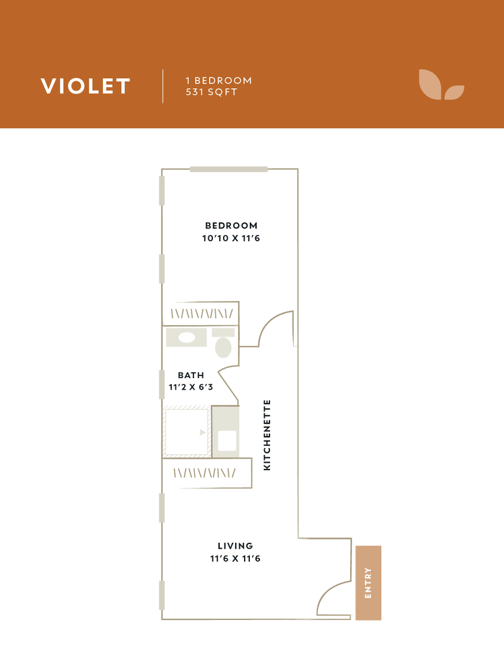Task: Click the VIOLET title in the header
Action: click(x=85, y=86)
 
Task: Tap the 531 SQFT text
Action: click(x=211, y=93)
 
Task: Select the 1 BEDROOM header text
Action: click(x=218, y=81)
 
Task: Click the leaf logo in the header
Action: click(x=441, y=85)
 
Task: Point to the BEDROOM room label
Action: click(x=231, y=226)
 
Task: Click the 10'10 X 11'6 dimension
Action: click(x=231, y=238)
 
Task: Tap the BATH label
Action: click(x=191, y=376)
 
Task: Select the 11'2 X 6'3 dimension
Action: click(x=191, y=387)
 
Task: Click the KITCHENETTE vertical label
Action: click(x=267, y=435)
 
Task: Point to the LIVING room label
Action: click(x=235, y=545)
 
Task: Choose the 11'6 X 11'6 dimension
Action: click(x=235, y=558)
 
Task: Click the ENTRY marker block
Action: click(x=368, y=582)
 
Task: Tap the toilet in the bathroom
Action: click(x=223, y=345)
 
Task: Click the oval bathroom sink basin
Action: click(x=186, y=338)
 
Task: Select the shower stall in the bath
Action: click(x=186, y=432)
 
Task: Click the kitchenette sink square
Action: click(x=226, y=441)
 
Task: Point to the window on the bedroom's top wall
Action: click(x=228, y=169)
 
